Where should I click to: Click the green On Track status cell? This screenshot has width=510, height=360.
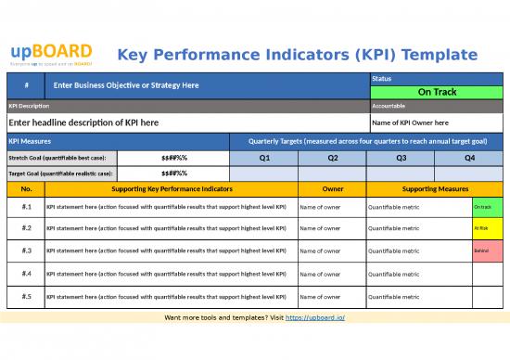[x=436, y=92]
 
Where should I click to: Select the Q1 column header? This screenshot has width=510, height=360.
[x=264, y=158]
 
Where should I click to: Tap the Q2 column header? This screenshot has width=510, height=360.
[x=333, y=158]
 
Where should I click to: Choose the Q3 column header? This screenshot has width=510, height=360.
[x=401, y=158]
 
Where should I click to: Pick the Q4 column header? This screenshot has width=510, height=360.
[x=469, y=158]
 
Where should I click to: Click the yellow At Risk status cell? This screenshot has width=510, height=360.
[x=487, y=227]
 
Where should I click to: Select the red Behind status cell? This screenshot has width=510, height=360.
[x=487, y=251]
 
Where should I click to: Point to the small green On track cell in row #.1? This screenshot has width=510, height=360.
[x=487, y=205]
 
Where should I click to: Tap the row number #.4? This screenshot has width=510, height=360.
[x=26, y=274]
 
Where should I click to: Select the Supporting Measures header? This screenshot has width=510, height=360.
[x=435, y=188]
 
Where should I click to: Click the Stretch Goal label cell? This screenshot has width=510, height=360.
[x=62, y=158]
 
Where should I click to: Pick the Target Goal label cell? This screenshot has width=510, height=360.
[x=62, y=173]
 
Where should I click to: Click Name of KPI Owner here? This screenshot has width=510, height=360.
[x=409, y=122]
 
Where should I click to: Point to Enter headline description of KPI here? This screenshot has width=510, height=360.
[x=83, y=122]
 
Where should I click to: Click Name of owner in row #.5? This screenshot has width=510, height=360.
[x=320, y=297]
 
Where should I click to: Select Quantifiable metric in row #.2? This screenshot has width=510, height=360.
[x=394, y=227]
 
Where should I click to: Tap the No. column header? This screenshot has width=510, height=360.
[x=26, y=188]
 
